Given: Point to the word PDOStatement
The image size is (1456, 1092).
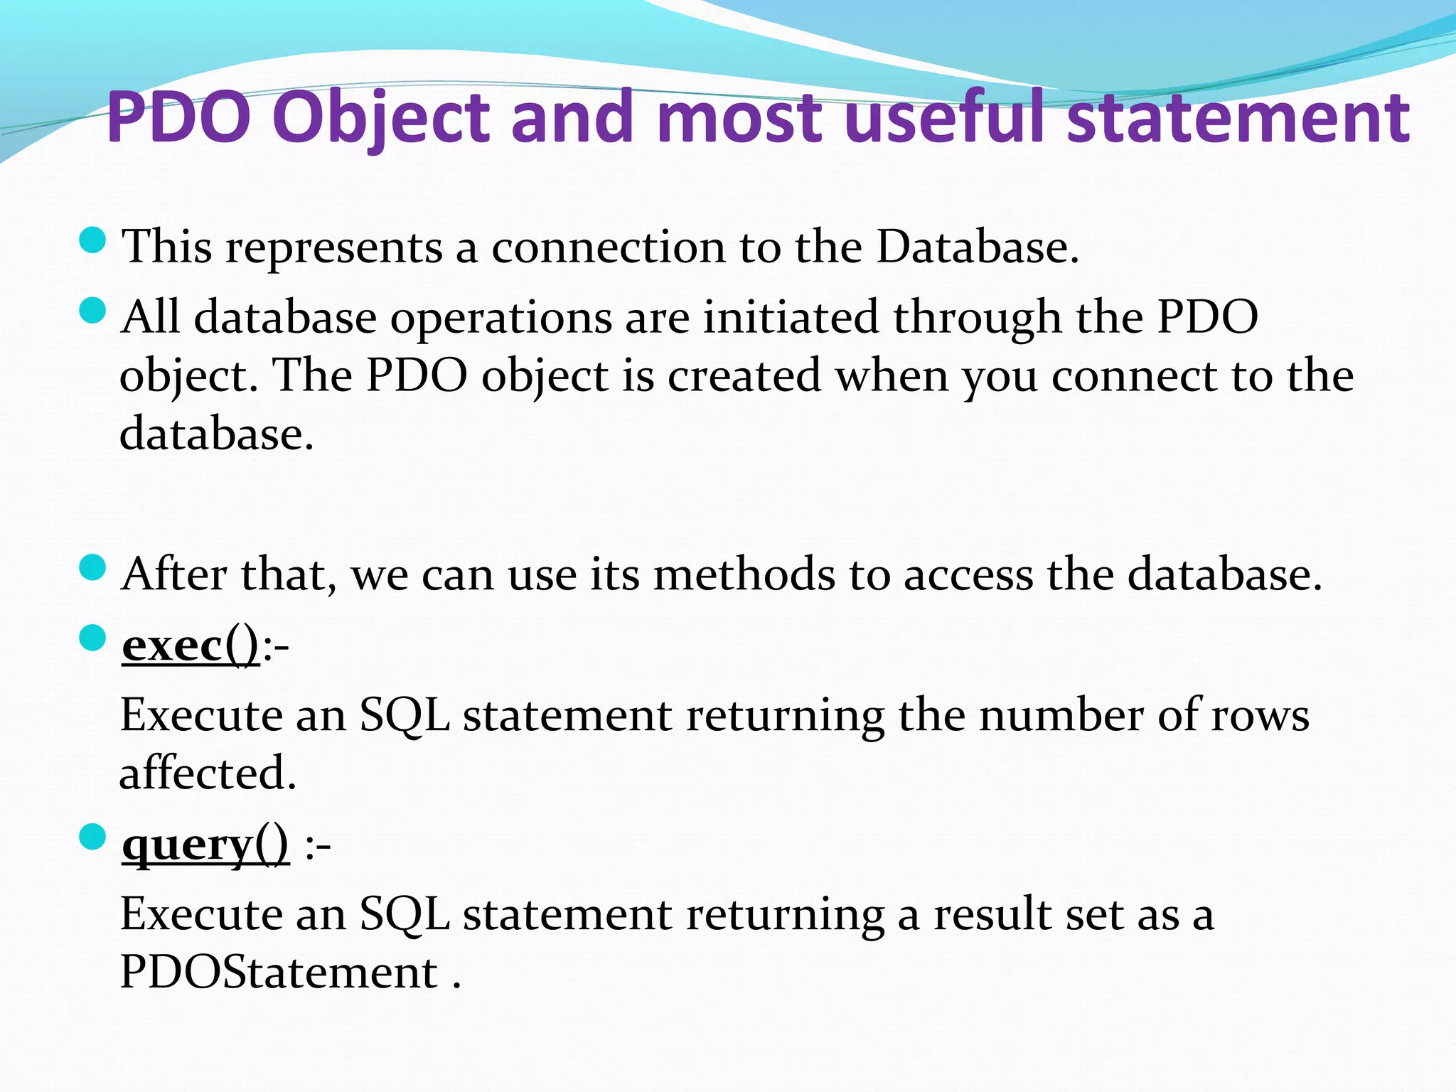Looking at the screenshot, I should click(x=279, y=972).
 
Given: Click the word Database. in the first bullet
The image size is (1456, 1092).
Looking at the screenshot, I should click(x=978, y=247).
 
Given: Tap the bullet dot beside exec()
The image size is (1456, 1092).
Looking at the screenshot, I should click(x=92, y=638).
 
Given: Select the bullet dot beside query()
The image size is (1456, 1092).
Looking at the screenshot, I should click(x=92, y=837).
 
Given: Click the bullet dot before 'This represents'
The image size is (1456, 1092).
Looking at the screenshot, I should click(x=92, y=240).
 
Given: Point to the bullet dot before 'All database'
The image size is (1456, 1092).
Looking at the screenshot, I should click(x=92, y=310).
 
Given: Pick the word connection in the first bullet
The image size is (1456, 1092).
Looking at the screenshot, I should click(x=609, y=247).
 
